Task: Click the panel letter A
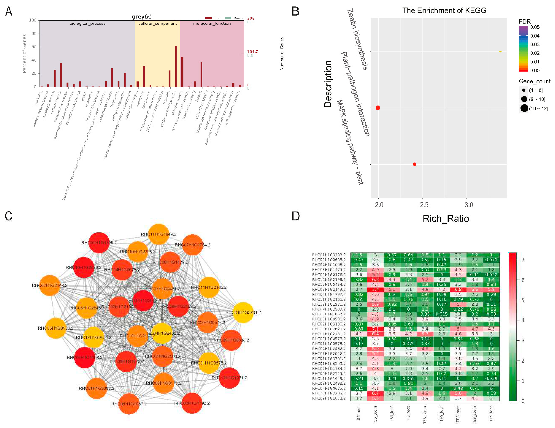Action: (9, 11)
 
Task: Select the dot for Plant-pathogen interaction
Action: (378, 108)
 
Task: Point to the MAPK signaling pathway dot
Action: (415, 164)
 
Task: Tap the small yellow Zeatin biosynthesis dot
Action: (500, 52)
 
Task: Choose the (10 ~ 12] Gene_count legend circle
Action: (524, 108)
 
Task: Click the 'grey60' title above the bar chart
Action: (142, 17)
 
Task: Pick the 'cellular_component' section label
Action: (158, 23)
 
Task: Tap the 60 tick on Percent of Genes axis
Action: (34, 47)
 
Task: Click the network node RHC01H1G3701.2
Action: (243, 312)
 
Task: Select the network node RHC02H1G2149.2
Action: (50, 285)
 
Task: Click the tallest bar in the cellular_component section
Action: (176, 67)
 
